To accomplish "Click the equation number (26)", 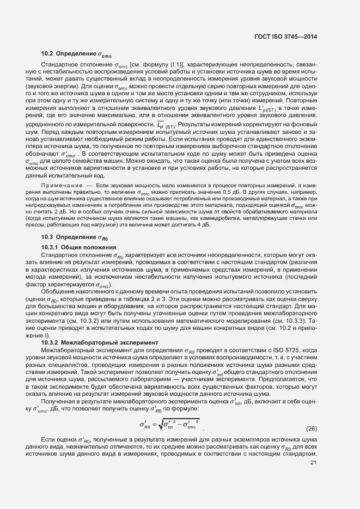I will pos(312,428).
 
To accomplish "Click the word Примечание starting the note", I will pos(60,186).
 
